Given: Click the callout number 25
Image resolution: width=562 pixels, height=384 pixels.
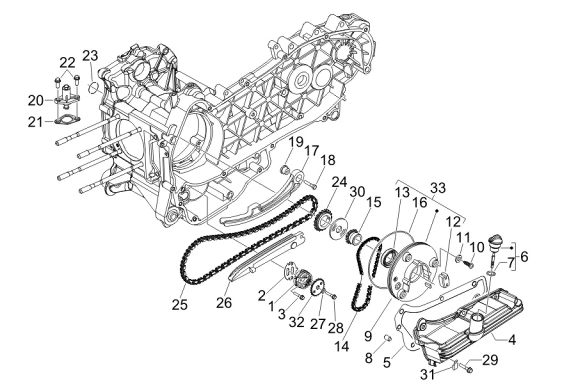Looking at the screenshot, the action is (179, 304).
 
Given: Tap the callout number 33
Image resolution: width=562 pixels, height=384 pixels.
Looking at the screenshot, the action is (438, 188).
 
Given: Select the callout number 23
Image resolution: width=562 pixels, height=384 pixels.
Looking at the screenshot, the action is (90, 56).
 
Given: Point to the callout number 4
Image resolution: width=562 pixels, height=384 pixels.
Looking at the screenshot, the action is (512, 339).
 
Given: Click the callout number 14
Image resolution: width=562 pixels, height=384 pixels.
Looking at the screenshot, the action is (342, 346).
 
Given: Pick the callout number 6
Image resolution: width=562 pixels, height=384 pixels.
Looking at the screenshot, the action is (524, 256).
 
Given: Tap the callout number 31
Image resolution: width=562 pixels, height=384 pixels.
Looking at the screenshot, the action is (427, 374).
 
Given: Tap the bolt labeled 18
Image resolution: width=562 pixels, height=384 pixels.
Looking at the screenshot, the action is (310, 184).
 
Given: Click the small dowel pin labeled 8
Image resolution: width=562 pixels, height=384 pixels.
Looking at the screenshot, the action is (387, 338).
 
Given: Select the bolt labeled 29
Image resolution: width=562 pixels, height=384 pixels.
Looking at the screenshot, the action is (465, 367).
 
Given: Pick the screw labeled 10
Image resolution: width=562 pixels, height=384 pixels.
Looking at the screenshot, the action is (468, 264).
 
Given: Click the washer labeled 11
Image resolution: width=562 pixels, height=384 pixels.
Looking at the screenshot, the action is (459, 257).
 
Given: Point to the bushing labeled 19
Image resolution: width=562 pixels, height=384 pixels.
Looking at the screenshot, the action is (284, 168).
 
